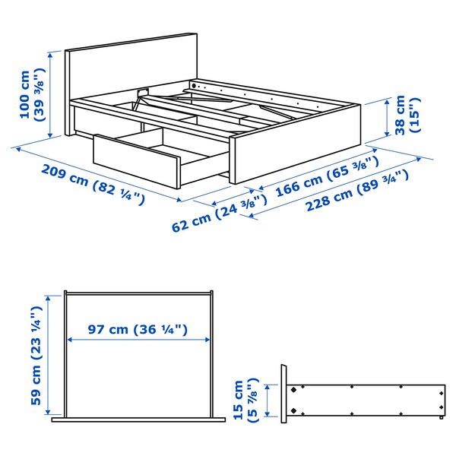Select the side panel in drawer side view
(x=365, y=399)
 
